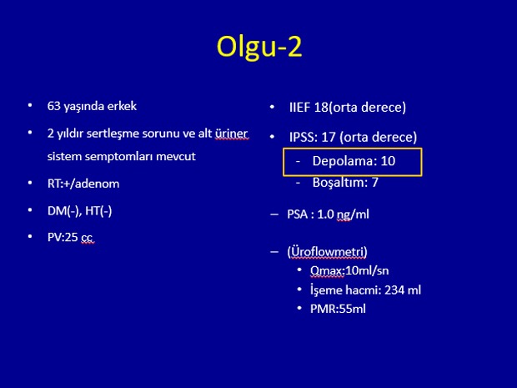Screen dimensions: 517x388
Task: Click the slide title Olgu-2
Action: tap(259, 47)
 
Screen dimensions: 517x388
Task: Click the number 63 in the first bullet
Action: tap(53, 106)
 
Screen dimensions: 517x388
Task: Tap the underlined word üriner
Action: tap(231, 134)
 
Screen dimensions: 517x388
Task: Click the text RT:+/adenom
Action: tap(83, 184)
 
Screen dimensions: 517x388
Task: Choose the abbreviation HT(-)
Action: tap(98, 210)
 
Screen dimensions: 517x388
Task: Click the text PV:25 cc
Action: tap(70, 237)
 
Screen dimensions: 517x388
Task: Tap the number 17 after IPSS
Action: tap(328, 137)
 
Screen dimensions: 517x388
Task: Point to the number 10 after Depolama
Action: tap(388, 161)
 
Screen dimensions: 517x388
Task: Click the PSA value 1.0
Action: tap(325, 214)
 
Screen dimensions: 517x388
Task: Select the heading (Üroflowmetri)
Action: tap(327, 252)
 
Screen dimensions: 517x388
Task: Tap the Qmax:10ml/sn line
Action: tap(349, 270)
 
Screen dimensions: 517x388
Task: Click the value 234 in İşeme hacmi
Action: tap(394, 290)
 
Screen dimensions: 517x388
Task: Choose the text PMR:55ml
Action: tap(338, 309)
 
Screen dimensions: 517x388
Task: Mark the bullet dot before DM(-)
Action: tap(30, 209)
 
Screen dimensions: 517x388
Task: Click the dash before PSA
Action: tap(274, 214)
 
